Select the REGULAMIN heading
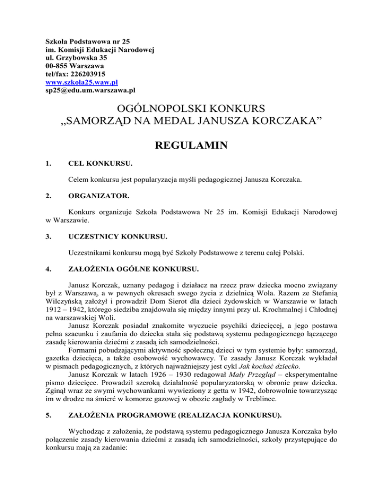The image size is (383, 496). pyautogui.click(x=191, y=146)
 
